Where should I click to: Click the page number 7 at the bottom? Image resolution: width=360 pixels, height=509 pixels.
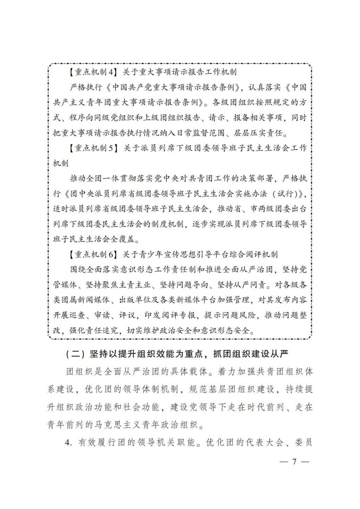[x=294, y=461]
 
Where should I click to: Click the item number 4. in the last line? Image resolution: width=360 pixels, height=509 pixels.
[x=69, y=442]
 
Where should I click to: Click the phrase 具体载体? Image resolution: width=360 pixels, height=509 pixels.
[x=191, y=372]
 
